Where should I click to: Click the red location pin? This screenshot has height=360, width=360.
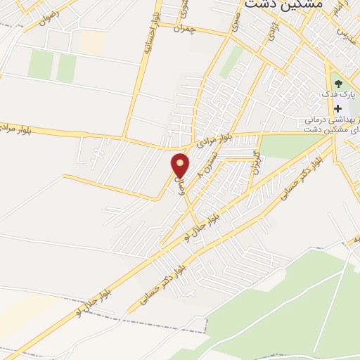(181, 165)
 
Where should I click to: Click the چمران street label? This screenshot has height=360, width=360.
(202, 30)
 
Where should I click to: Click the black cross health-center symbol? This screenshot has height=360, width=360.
(338, 108)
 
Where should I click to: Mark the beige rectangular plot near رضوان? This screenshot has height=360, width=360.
(91, 41)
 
